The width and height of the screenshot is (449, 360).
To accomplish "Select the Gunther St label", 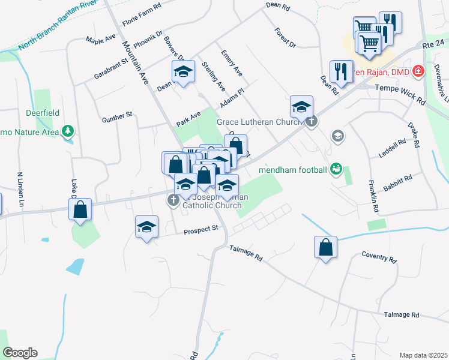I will [x=116, y=115].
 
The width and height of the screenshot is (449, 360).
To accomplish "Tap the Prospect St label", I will [x=200, y=229].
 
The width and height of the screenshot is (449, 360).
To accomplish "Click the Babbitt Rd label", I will [x=399, y=179].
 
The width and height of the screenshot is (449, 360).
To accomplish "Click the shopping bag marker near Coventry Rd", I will [x=325, y=247].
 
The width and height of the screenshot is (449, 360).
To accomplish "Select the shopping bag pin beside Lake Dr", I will [x=80, y=209].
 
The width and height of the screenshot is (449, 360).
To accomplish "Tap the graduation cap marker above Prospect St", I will [x=146, y=227].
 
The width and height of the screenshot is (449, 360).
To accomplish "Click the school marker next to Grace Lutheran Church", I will [x=301, y=107].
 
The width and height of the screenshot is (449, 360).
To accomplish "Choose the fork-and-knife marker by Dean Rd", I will [x=341, y=71].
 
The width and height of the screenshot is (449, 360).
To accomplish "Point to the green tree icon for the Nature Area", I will [x=69, y=131].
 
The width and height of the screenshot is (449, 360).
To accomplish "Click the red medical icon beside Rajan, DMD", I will [x=418, y=71].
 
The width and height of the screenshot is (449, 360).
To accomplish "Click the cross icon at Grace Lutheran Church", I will [x=311, y=122].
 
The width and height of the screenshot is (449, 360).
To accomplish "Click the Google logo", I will [x=20, y=353].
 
